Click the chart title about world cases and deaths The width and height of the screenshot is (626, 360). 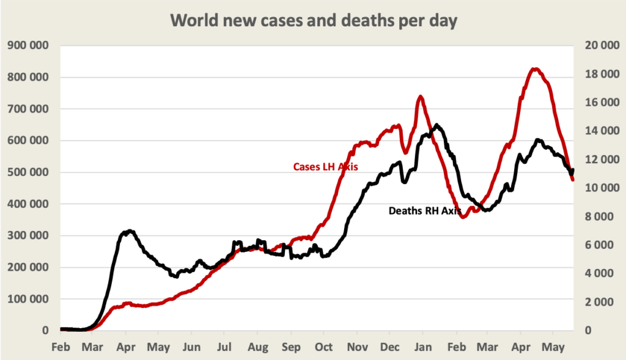point(313,21)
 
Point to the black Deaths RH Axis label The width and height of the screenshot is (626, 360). point(425,211)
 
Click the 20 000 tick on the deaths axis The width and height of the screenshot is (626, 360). point(597,46)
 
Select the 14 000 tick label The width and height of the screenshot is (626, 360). point(597,131)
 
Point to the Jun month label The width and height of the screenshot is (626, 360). point(191,347)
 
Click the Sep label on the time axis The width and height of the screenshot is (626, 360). point(290,347)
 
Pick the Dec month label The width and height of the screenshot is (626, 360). point(389,347)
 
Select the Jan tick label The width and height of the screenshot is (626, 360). point(422,347)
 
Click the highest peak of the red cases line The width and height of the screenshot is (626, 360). point(535,69)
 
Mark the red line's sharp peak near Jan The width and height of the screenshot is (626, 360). point(421,97)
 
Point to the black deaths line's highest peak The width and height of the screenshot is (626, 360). point(436,125)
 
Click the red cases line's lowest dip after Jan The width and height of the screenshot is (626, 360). point(463,216)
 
